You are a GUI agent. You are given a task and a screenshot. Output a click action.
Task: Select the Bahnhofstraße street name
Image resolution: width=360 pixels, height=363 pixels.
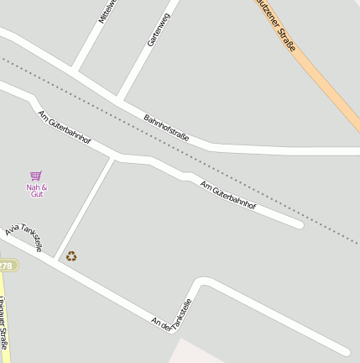coord(166,128)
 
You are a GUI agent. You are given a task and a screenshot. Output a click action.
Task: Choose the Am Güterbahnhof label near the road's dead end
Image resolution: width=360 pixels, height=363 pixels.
coord(227,194)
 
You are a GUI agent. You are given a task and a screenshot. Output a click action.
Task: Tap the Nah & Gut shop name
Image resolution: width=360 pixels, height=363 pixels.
coord(37,191)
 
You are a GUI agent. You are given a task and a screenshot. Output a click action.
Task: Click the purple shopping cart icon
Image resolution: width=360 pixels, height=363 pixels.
coord(36,176)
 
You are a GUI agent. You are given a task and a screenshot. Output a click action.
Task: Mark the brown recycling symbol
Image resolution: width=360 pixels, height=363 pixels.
coord(71,256)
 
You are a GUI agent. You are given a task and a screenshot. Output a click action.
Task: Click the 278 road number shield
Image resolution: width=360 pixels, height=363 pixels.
coord(6,266)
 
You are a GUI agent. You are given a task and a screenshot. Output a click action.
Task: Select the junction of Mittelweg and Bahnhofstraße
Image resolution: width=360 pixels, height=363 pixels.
coord(75,71)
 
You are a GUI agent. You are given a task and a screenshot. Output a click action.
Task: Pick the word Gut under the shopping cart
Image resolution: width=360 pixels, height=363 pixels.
coord(37,195)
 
